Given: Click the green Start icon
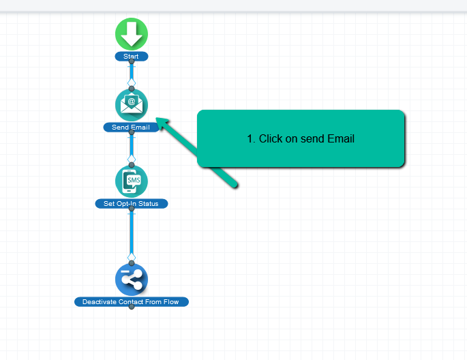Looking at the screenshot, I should [132, 34].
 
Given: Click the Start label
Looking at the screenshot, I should [132, 56].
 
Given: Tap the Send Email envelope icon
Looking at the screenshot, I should [132, 105].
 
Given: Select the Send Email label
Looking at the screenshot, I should [131, 127].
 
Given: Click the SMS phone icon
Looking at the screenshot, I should [132, 181].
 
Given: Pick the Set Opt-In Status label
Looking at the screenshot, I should [132, 203].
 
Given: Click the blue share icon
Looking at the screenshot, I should [132, 279].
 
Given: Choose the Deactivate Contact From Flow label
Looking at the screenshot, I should [132, 301].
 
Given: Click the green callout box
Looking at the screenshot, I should [301, 138].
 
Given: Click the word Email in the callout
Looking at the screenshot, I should [341, 138].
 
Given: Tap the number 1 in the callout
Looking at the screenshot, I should [250, 138].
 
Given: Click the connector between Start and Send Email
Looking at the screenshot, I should [132, 73].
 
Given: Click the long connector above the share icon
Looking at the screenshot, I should [132, 232].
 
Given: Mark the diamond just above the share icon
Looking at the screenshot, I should [132, 256].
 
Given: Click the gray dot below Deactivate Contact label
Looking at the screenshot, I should [132, 307].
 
